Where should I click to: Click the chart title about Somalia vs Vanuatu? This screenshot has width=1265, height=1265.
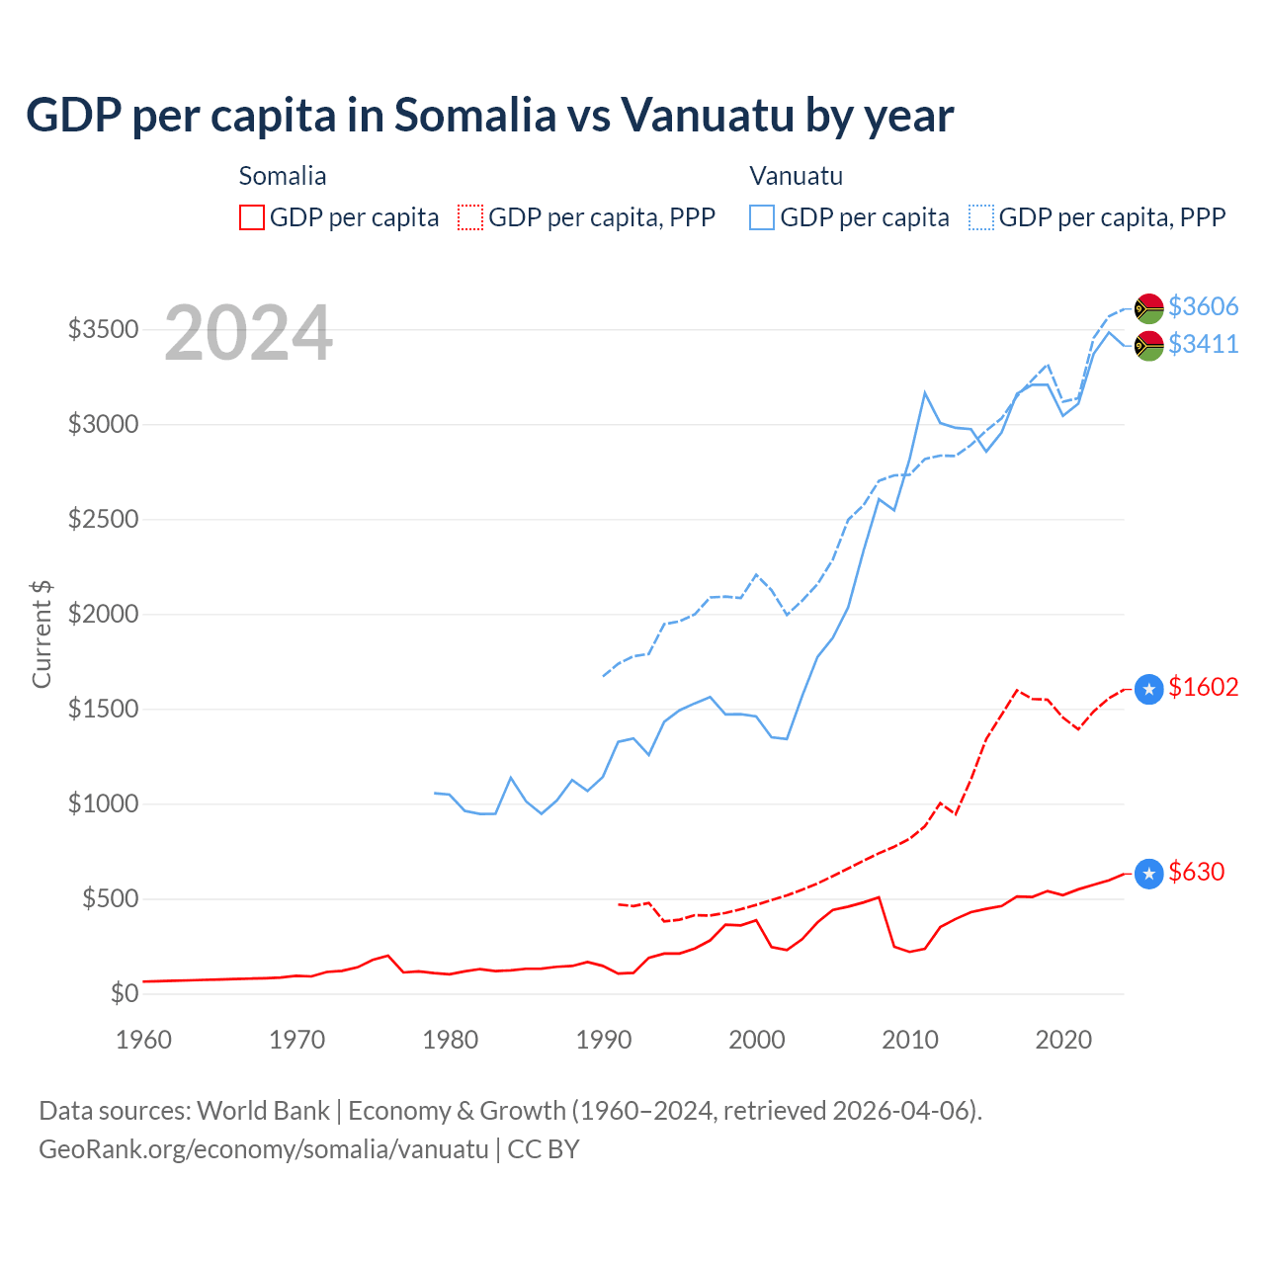click(489, 115)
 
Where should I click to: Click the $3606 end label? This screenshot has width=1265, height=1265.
click(1203, 306)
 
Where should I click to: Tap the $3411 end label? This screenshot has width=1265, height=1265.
click(1203, 344)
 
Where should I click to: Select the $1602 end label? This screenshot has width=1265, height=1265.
click(1203, 687)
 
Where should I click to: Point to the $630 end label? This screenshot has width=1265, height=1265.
click(1196, 872)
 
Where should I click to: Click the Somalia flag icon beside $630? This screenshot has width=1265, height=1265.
click(1148, 874)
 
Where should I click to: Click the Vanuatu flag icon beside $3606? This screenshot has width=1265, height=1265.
click(1148, 308)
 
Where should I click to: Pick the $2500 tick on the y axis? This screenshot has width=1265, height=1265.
click(103, 519)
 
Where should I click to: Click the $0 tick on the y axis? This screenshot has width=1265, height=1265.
click(124, 993)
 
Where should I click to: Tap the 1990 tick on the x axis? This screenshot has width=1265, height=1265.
click(603, 1040)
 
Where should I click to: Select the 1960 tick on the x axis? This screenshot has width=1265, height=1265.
click(144, 1040)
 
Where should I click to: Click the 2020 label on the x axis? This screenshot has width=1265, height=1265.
click(1062, 1040)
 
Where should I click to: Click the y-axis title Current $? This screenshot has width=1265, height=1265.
click(42, 633)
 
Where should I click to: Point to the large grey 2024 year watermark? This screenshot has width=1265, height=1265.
click(248, 333)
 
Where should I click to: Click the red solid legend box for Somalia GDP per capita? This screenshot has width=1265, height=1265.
click(252, 217)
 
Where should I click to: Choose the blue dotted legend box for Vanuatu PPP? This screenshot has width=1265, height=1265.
click(980, 217)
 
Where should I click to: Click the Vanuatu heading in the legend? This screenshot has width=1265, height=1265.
click(796, 176)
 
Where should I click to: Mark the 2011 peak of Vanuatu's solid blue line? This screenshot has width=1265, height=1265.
click(925, 393)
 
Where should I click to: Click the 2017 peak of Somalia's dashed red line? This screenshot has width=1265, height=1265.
click(1017, 690)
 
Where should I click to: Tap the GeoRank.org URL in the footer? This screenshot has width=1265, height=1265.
click(264, 1149)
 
